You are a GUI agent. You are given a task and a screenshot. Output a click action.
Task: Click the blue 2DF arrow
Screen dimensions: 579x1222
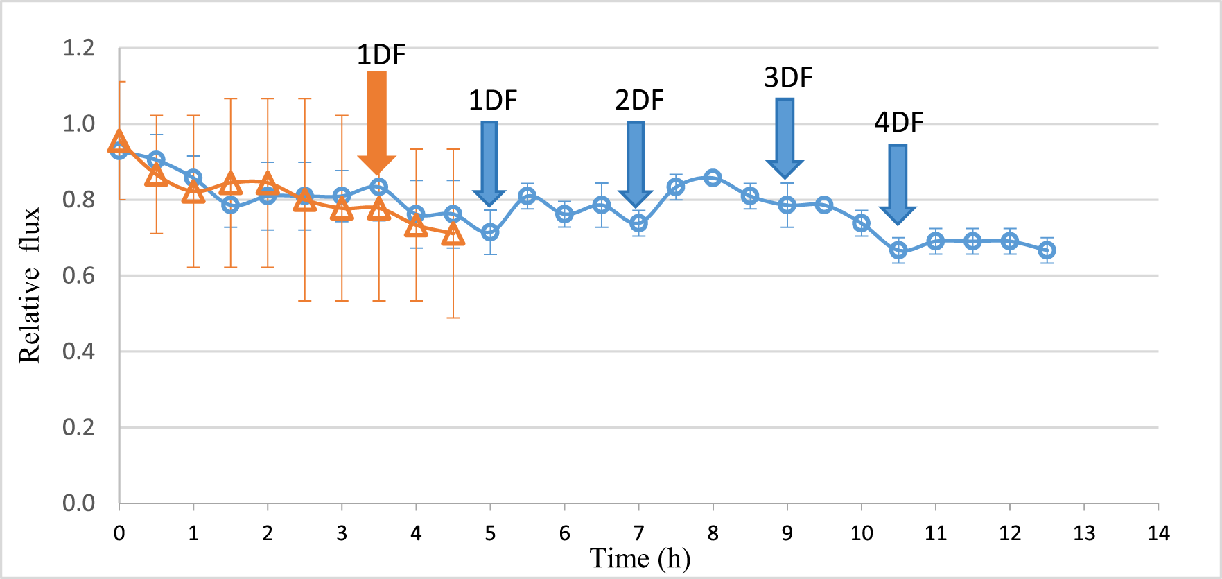click(x=636, y=164)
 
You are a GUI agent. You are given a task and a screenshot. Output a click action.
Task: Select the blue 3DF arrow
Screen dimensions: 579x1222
click(x=785, y=138)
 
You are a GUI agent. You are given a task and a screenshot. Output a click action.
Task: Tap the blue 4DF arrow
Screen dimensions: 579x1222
click(x=898, y=184)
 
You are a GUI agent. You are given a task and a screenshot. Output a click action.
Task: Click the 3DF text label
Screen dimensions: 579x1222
click(x=788, y=78)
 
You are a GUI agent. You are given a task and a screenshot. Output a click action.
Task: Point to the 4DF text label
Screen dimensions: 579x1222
click(x=898, y=123)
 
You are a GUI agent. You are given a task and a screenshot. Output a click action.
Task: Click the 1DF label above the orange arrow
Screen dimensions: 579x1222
click(x=381, y=55)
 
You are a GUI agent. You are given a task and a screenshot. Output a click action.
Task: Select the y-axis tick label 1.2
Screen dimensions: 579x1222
click(x=78, y=49)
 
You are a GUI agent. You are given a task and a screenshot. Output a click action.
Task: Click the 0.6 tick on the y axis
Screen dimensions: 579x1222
click(x=78, y=276)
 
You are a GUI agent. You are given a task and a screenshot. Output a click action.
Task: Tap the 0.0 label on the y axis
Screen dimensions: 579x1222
click(x=78, y=503)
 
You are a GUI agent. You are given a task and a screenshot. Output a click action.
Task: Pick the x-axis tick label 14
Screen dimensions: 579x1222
click(x=1158, y=533)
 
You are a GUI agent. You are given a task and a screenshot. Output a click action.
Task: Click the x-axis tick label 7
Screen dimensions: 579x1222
click(x=638, y=533)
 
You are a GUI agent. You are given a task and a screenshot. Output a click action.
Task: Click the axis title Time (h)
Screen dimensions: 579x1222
click(x=639, y=559)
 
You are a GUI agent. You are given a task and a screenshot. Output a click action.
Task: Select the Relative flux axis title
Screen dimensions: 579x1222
click(x=30, y=285)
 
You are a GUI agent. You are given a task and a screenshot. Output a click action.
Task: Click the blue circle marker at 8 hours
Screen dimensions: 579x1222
click(x=713, y=178)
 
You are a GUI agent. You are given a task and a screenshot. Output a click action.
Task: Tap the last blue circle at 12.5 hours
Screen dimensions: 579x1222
click(x=1047, y=250)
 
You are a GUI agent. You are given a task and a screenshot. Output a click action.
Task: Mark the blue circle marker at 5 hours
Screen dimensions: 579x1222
click(x=490, y=232)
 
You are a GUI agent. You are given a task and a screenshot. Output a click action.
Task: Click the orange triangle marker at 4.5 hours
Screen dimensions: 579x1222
click(x=453, y=236)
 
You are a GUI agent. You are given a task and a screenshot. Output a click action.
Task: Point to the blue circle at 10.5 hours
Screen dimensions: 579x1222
click(x=898, y=250)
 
